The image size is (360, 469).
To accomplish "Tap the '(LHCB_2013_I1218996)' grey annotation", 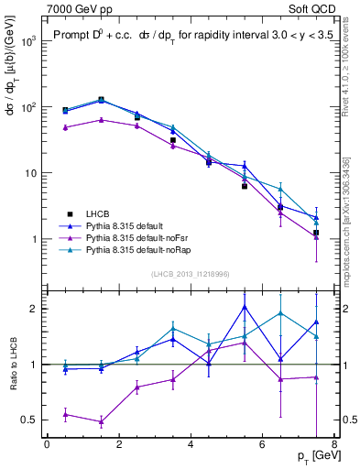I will (x=190, y=274).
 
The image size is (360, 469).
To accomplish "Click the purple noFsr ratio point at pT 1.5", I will (x=101, y=422).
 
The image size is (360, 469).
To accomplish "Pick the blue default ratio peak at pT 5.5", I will (x=245, y=306).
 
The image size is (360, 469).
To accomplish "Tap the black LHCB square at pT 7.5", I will (x=316, y=233).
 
